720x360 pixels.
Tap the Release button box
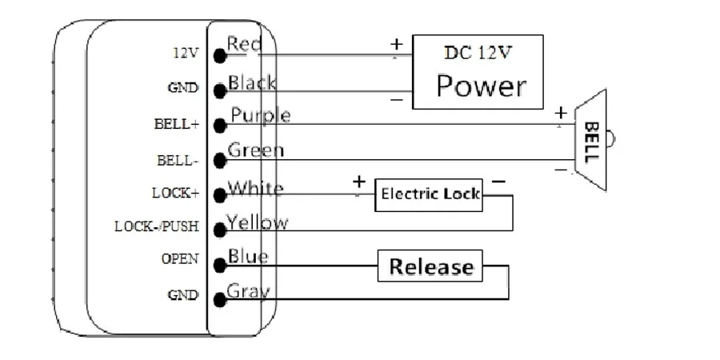[430, 266]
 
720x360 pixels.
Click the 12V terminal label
[186, 54]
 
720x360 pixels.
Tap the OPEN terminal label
[181, 260]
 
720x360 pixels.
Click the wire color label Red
[244, 45]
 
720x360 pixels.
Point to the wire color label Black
[252, 82]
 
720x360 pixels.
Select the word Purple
[260, 116]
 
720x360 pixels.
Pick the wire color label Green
[255, 150]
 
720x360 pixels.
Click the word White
[255, 189]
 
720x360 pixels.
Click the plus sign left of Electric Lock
[358, 182]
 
